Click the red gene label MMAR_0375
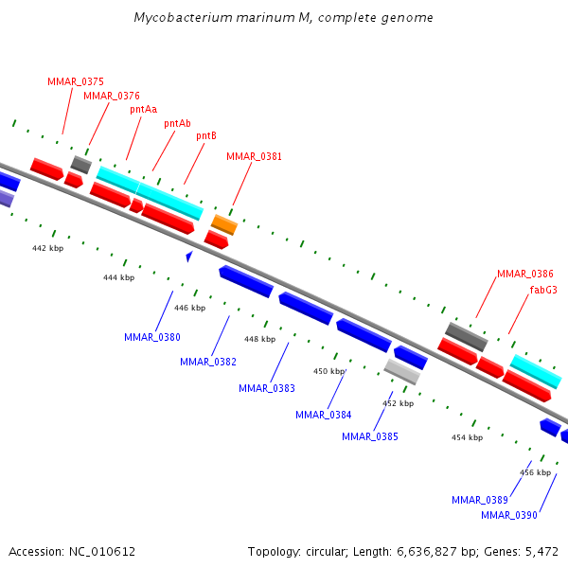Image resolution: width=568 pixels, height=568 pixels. click(76, 81)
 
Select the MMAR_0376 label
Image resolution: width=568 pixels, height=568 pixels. click(112, 96)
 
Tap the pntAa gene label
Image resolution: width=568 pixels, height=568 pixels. click(144, 109)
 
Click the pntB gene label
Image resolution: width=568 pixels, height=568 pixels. click(206, 136)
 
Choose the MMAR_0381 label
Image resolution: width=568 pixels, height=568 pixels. click(254, 156)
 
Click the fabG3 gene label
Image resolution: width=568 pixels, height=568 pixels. click(543, 290)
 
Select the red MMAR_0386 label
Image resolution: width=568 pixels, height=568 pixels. click(525, 274)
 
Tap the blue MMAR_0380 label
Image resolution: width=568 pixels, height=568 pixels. click(152, 337)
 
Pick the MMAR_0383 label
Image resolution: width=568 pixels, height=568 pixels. click(267, 388)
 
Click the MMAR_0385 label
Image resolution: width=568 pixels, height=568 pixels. click(370, 436)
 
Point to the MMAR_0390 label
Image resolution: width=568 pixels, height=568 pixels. click(509, 515)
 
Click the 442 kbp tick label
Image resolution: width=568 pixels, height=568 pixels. click(47, 248)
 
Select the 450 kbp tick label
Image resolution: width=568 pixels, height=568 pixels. click(328, 371)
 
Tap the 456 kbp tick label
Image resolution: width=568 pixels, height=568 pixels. click(536, 472)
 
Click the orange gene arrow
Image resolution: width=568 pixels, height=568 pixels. click(224, 224)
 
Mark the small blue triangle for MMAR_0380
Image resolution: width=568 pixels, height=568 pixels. click(189, 256)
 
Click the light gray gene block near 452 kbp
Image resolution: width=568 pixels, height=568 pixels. click(402, 371)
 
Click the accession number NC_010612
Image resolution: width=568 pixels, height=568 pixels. click(102, 551)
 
